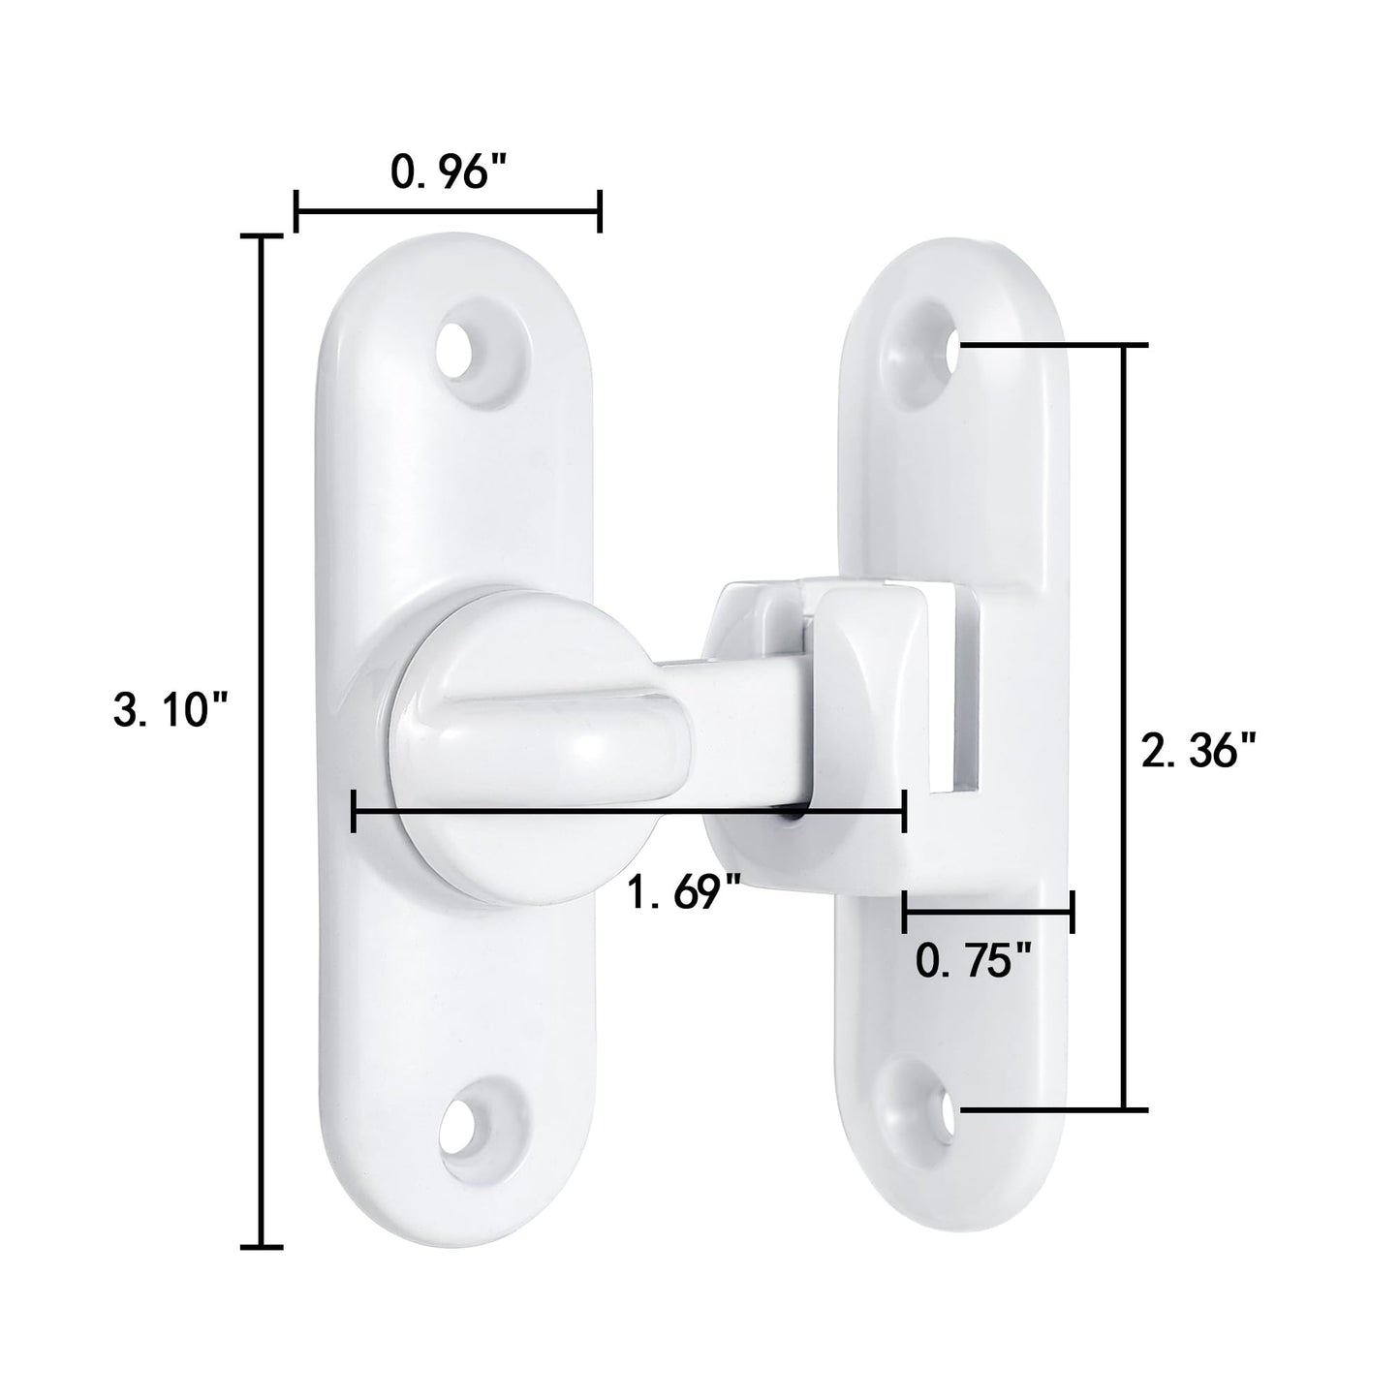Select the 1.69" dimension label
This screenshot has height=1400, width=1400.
[684, 890]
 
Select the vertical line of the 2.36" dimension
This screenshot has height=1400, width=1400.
[1124, 727]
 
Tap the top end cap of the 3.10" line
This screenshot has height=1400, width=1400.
[260, 235]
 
